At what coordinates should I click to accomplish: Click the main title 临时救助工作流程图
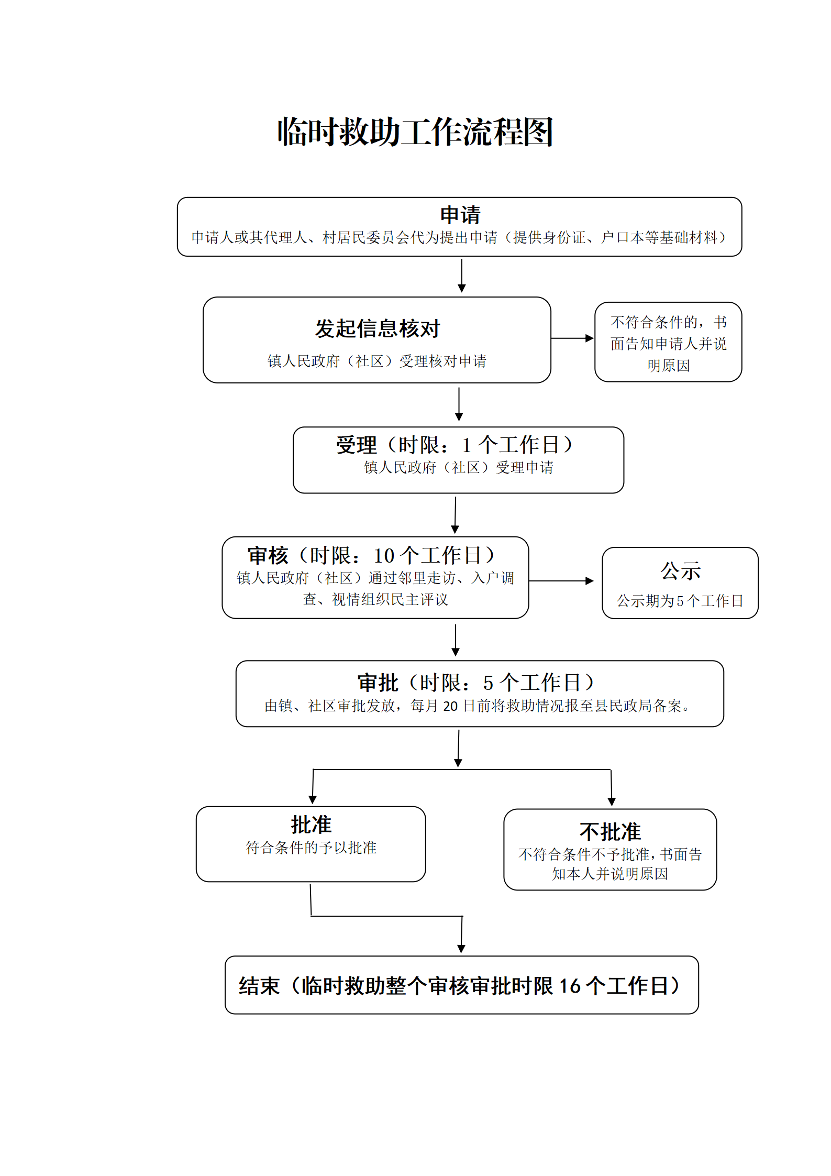[x=415, y=131]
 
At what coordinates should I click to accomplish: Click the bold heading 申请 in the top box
[x=460, y=215]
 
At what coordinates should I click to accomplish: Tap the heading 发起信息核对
[x=377, y=328]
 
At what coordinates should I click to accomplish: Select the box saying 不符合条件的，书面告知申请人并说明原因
[x=668, y=342]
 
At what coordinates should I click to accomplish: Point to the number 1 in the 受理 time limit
[x=467, y=445]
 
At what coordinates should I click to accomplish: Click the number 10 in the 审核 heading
[x=384, y=555]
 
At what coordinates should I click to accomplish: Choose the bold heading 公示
[x=680, y=571]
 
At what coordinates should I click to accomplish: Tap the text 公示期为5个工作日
[x=680, y=601]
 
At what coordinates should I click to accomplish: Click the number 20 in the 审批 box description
[x=450, y=706]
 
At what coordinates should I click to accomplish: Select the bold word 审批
[x=378, y=683]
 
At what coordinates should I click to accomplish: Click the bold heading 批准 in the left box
[x=311, y=825]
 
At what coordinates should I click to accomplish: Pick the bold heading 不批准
[x=610, y=832]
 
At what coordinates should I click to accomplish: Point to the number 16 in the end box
[x=570, y=986]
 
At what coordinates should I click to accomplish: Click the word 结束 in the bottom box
[x=259, y=986]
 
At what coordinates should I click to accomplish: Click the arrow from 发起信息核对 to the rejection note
[x=572, y=338]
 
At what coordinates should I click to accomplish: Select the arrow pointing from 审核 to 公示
[x=561, y=581]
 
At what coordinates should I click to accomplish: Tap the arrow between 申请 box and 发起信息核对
[x=461, y=276]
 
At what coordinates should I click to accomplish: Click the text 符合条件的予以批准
[x=311, y=848]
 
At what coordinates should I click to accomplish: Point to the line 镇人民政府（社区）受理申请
[x=459, y=467]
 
